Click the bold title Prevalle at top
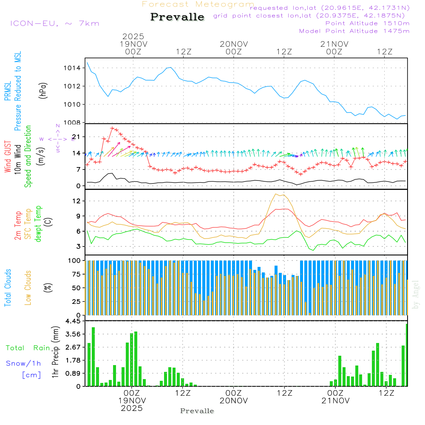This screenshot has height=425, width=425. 177,17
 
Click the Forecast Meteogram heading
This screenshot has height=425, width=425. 198,4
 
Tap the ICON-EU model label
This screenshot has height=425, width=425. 54,23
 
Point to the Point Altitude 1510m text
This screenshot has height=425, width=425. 367,23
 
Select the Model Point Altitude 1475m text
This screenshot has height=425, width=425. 354,31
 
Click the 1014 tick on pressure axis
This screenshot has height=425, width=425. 72,68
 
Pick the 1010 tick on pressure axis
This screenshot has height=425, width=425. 72,105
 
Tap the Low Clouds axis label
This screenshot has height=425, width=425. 28,287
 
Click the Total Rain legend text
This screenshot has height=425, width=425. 28,348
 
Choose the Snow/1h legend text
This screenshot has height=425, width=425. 24,363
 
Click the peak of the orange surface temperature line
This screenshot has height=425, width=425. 277,194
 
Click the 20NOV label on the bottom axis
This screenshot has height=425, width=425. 234,401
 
